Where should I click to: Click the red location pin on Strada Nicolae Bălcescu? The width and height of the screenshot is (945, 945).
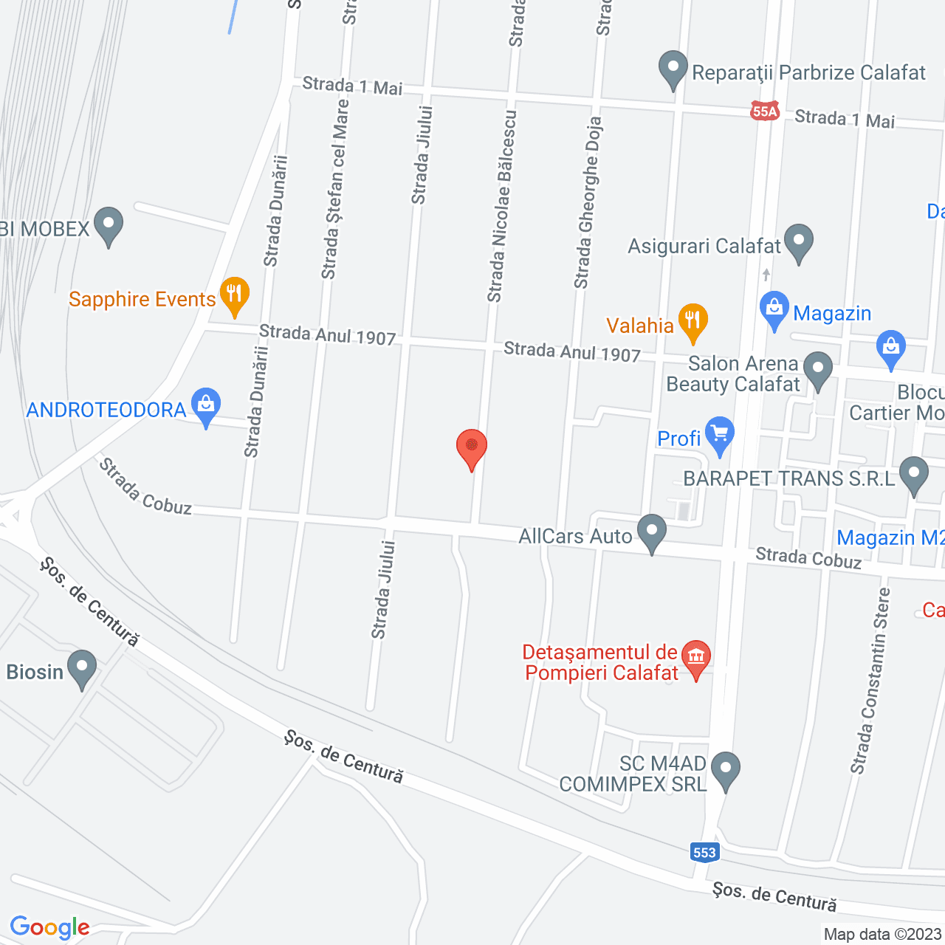coord(471,447)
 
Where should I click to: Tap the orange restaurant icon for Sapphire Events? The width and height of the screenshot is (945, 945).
coord(234,295)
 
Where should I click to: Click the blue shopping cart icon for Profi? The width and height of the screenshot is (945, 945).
coord(719,435)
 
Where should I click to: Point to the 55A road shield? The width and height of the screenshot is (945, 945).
coord(765,111)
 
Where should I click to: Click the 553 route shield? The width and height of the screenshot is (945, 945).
coord(704,852)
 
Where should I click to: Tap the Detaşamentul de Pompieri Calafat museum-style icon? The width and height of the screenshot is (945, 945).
coord(695,658)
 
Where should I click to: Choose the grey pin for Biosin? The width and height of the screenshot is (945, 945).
coord(81,667)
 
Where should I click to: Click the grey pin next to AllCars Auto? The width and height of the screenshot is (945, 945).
coord(652,532)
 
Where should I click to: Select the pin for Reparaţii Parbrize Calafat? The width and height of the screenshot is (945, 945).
coord(673,69)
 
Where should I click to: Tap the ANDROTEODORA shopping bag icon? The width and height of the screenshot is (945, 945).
coord(206,405)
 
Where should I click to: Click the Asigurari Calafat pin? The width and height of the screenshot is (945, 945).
coord(799,242)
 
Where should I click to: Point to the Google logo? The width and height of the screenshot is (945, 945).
coord(49,927)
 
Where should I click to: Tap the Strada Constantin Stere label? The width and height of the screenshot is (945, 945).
coord(870,680)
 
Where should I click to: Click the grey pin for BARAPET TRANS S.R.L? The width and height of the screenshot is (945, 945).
coord(914,475)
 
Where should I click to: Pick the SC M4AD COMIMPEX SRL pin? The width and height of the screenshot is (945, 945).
coord(725,769)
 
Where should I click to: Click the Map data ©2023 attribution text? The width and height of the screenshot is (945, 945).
coord(882,934)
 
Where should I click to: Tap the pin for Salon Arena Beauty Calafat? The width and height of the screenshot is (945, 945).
coord(817,370)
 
